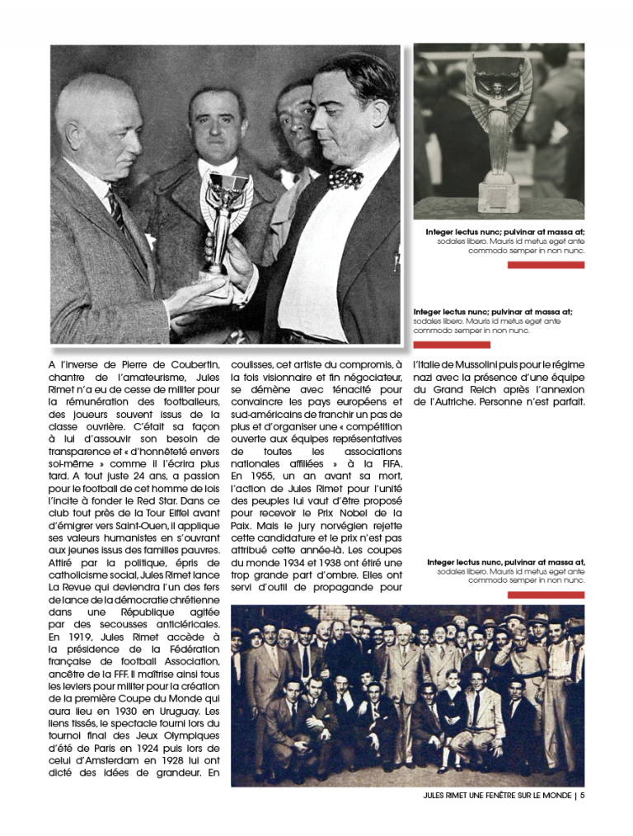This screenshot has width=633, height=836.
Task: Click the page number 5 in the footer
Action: click(x=583, y=796)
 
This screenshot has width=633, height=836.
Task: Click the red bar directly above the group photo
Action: click(x=546, y=594)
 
